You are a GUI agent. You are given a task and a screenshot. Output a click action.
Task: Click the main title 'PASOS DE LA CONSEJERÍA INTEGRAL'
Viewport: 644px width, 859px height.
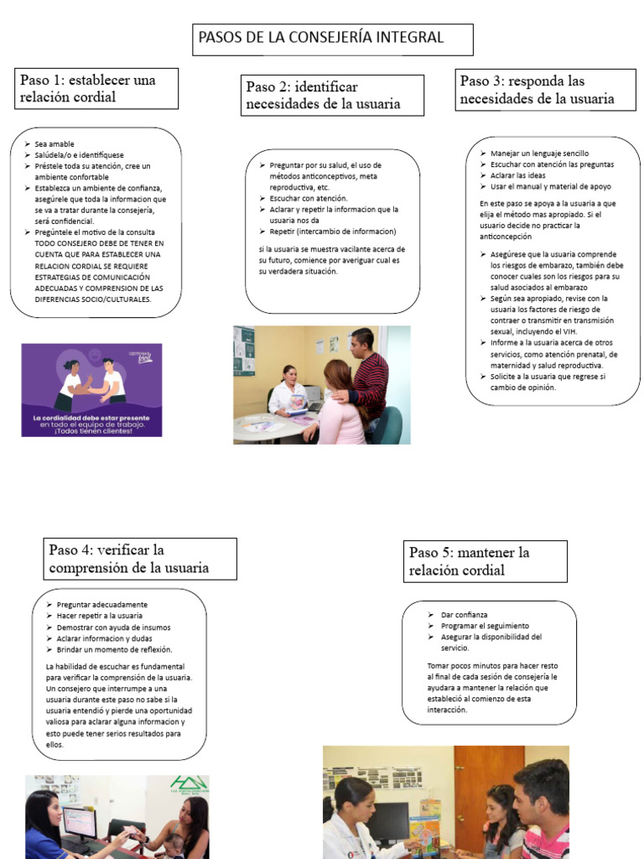(332, 39)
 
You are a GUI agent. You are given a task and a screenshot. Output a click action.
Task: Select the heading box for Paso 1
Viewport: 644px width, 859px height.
(99, 89)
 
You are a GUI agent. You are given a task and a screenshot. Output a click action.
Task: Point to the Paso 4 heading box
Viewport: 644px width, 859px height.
(140, 559)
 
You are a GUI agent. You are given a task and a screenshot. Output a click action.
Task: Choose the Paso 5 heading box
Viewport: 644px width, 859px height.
(485, 561)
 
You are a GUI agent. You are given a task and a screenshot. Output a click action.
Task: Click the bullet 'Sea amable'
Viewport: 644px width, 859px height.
(55, 144)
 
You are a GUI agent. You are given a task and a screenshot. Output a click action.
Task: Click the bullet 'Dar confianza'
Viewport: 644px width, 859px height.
(465, 615)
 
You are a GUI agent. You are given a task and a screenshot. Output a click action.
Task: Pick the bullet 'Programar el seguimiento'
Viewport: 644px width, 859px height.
(485, 626)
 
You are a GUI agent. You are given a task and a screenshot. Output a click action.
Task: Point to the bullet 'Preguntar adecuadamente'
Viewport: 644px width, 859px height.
(102, 605)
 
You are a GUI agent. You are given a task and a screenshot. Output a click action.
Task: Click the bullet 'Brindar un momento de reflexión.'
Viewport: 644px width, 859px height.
(114, 649)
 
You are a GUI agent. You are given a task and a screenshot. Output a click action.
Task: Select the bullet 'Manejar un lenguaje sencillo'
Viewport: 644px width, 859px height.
(540, 154)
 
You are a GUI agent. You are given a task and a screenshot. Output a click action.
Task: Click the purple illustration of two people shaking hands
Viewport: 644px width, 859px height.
(91, 389)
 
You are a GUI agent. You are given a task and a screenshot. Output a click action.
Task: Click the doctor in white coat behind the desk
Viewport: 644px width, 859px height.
(287, 391)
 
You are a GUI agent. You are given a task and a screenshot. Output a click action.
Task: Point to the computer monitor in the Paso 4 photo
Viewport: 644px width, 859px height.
(80, 823)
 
